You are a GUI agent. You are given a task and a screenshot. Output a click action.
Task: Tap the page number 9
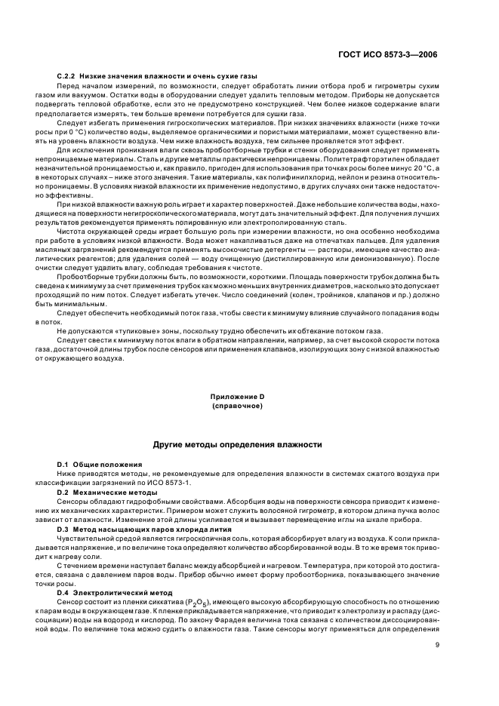[x=438, y=644]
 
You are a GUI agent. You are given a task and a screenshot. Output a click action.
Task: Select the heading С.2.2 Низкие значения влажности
[x=157, y=77]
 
